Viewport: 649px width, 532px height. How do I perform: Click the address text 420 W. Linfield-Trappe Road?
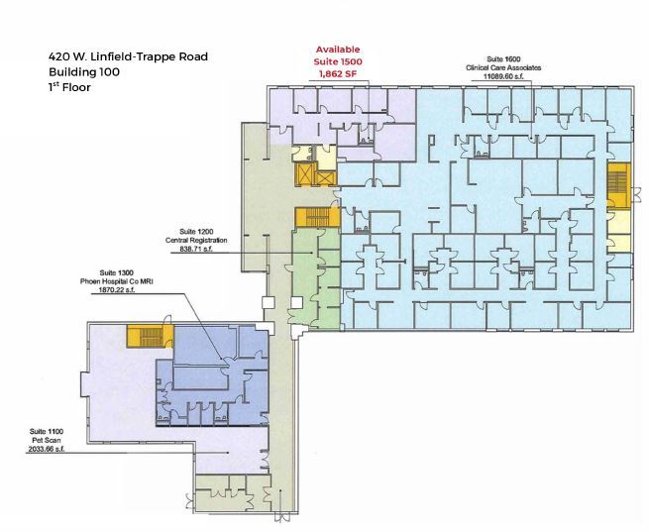[x=129, y=56]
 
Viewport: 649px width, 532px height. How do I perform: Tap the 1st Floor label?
[x=70, y=87]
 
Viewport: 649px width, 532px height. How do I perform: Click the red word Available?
[x=338, y=50]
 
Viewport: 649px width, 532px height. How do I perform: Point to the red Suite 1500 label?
[x=338, y=62]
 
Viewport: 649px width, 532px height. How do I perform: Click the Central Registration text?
[x=196, y=240]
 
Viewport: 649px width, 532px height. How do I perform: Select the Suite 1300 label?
[x=117, y=271]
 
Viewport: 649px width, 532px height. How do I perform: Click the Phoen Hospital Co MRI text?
[x=117, y=281]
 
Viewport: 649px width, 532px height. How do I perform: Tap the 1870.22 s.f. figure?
[x=117, y=291]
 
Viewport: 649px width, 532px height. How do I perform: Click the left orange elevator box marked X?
[x=302, y=175]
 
